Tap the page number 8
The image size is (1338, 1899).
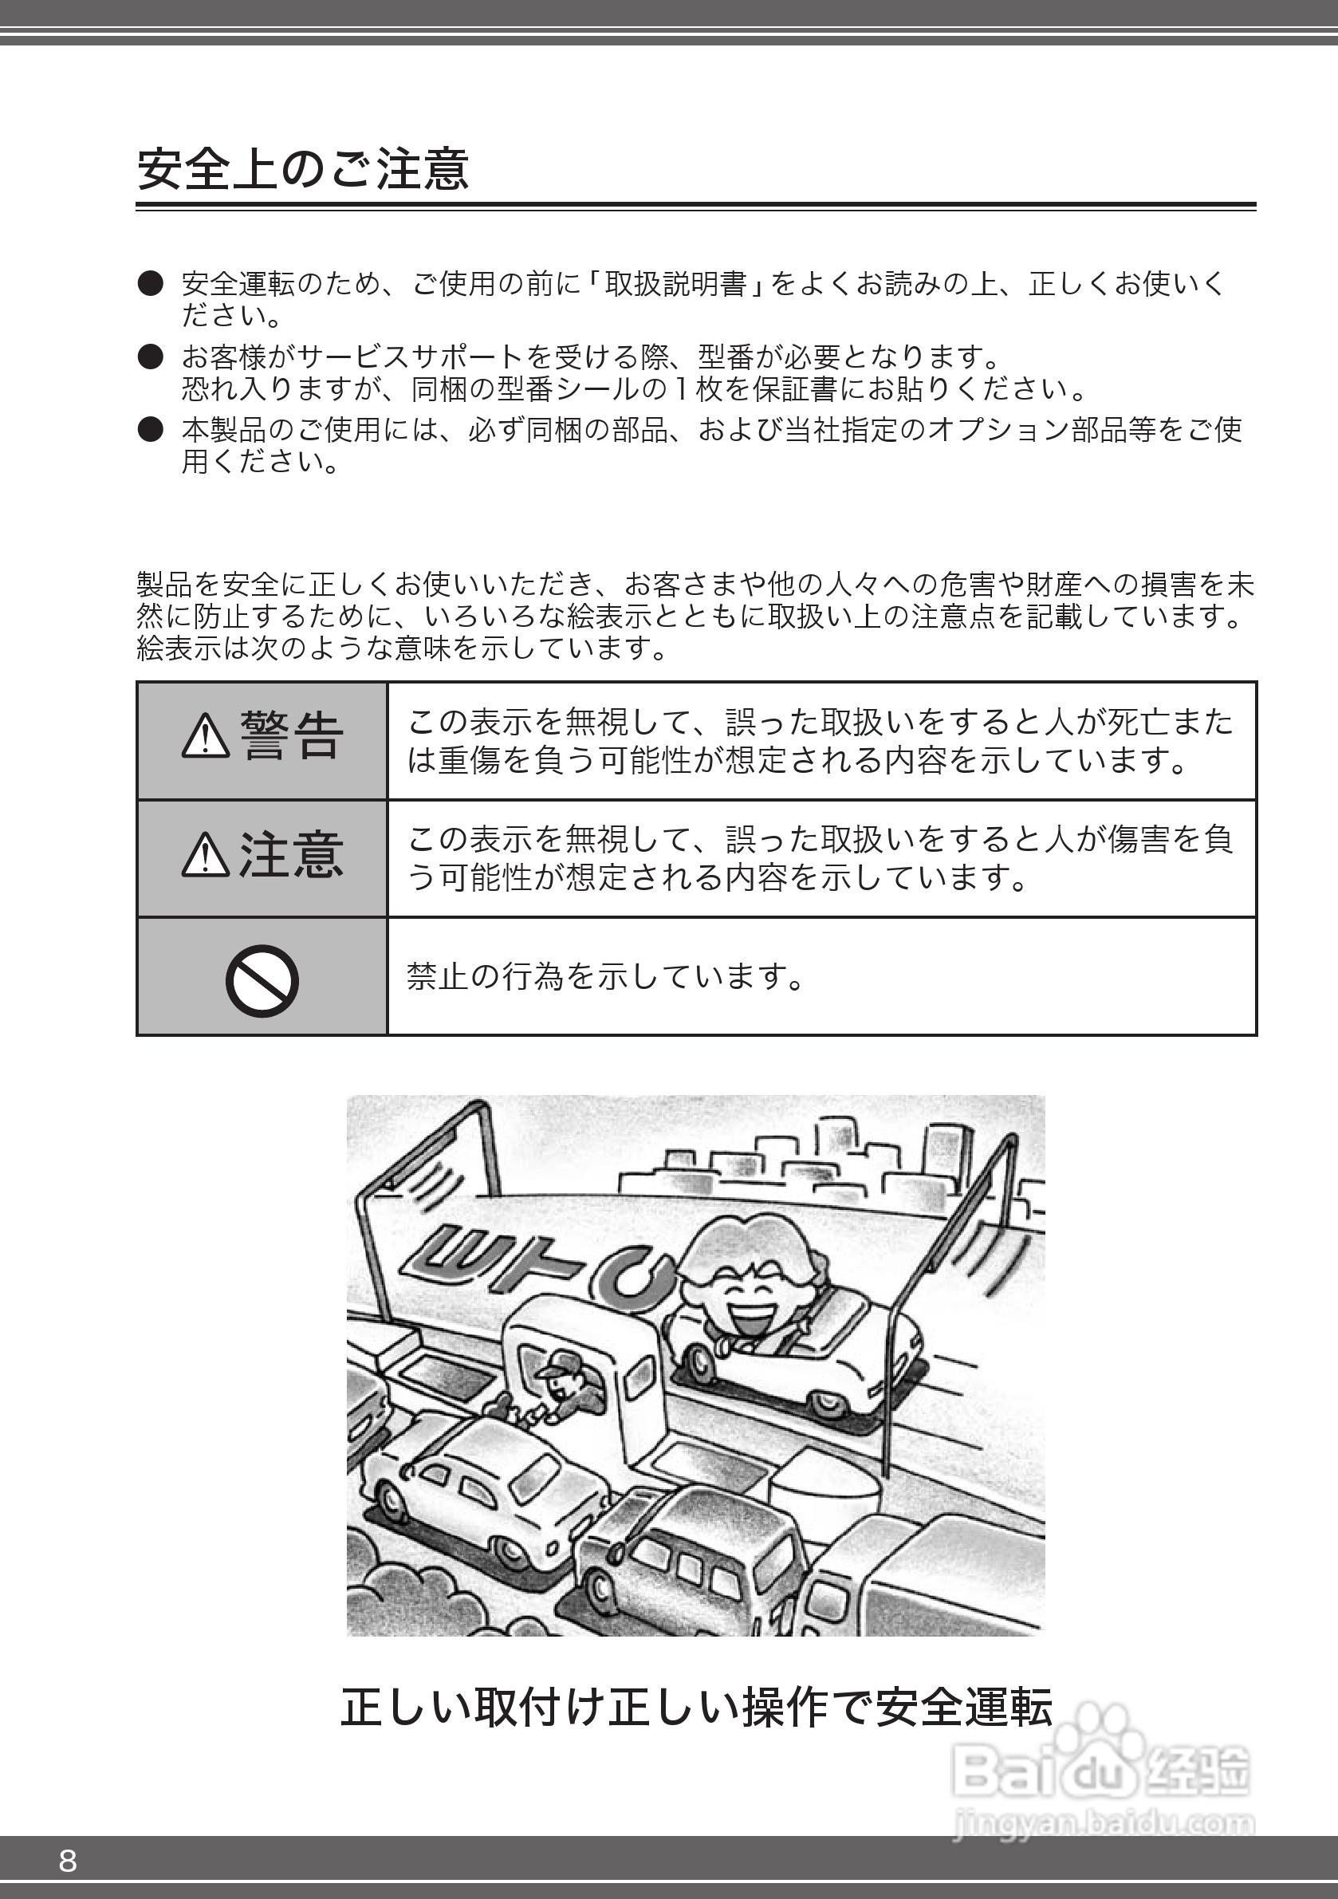tap(68, 1860)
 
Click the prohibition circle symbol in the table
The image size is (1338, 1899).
tap(262, 980)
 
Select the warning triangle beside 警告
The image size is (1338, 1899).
tap(205, 736)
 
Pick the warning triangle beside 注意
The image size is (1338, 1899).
tap(205, 854)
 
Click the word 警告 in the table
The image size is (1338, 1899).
tap(291, 736)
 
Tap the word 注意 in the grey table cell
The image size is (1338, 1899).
tap(291, 854)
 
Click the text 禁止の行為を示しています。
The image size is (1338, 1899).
tap(605, 977)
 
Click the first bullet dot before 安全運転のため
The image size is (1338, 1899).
tap(151, 284)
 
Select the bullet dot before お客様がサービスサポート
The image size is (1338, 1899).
tap(151, 357)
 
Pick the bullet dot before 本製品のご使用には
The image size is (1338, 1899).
tap(151, 429)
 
